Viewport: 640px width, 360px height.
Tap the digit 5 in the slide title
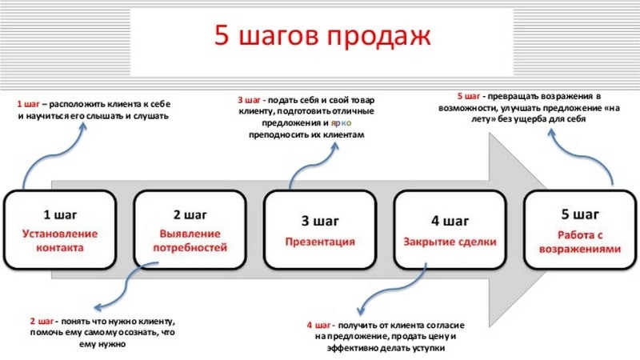coord(222,35)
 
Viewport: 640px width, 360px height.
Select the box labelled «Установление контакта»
coord(60,230)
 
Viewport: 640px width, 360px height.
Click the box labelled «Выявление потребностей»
coord(190,230)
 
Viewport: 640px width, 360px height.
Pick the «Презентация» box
coord(320,230)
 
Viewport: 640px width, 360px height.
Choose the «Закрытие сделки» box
coord(450,230)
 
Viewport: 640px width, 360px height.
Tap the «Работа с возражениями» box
coord(580,230)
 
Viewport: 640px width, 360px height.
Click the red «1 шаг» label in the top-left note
coord(28,104)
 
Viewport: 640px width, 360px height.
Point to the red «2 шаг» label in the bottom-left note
coord(42,322)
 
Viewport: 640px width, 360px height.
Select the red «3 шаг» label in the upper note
coord(249,100)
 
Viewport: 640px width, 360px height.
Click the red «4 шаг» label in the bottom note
coord(319,326)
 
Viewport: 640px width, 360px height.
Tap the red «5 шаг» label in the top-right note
coord(469,96)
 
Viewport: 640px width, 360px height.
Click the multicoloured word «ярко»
coord(341,123)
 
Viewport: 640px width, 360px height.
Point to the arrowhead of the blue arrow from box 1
coord(83,126)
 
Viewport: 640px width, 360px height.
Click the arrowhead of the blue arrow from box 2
coord(98,307)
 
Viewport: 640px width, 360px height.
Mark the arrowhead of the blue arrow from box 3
coord(334,146)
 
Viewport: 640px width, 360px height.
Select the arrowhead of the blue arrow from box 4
coord(361,310)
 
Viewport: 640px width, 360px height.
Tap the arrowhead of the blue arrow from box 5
coord(552,133)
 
